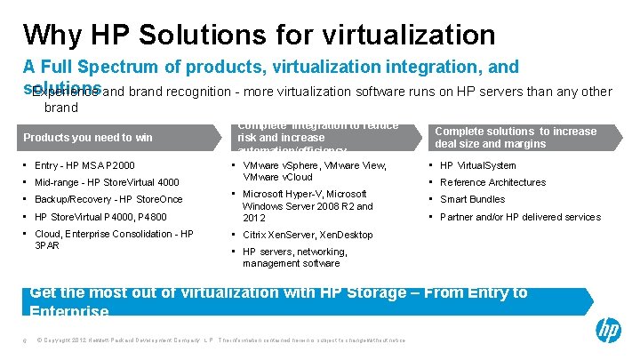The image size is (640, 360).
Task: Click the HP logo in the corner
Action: [x=608, y=332]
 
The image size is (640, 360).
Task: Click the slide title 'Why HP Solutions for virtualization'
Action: [x=259, y=34]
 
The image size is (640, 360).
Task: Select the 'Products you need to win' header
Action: [x=88, y=138]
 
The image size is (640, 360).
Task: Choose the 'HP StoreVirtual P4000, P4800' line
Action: [x=100, y=217]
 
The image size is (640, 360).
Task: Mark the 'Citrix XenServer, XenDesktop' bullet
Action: [x=308, y=235]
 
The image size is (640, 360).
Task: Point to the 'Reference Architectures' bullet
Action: [x=492, y=182]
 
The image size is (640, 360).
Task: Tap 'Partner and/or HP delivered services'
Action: [x=520, y=217]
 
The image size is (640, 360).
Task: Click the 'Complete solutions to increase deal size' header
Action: [x=516, y=138]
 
